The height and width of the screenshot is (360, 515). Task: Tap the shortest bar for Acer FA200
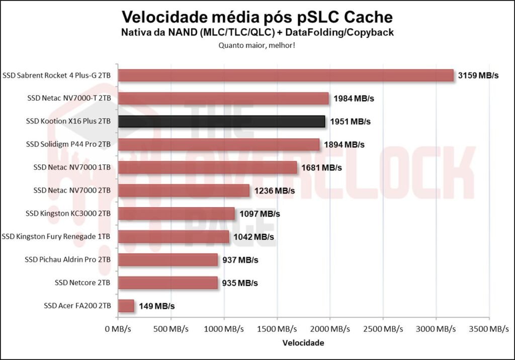126,306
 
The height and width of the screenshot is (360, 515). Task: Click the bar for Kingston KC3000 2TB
176,214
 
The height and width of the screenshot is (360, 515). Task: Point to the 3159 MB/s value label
478,75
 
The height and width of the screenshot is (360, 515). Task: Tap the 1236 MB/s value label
274,191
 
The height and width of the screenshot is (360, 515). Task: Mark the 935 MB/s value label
240,283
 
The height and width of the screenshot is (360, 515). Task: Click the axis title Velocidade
303,343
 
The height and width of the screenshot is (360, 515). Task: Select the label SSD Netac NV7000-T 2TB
69,99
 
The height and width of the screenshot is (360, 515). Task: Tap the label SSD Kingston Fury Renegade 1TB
56,236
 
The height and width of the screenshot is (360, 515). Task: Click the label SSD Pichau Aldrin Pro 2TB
67,259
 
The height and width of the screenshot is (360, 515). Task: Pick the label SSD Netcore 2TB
82,283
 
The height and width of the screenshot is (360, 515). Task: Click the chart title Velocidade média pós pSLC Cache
257,17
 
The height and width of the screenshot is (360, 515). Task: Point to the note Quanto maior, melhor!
257,45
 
